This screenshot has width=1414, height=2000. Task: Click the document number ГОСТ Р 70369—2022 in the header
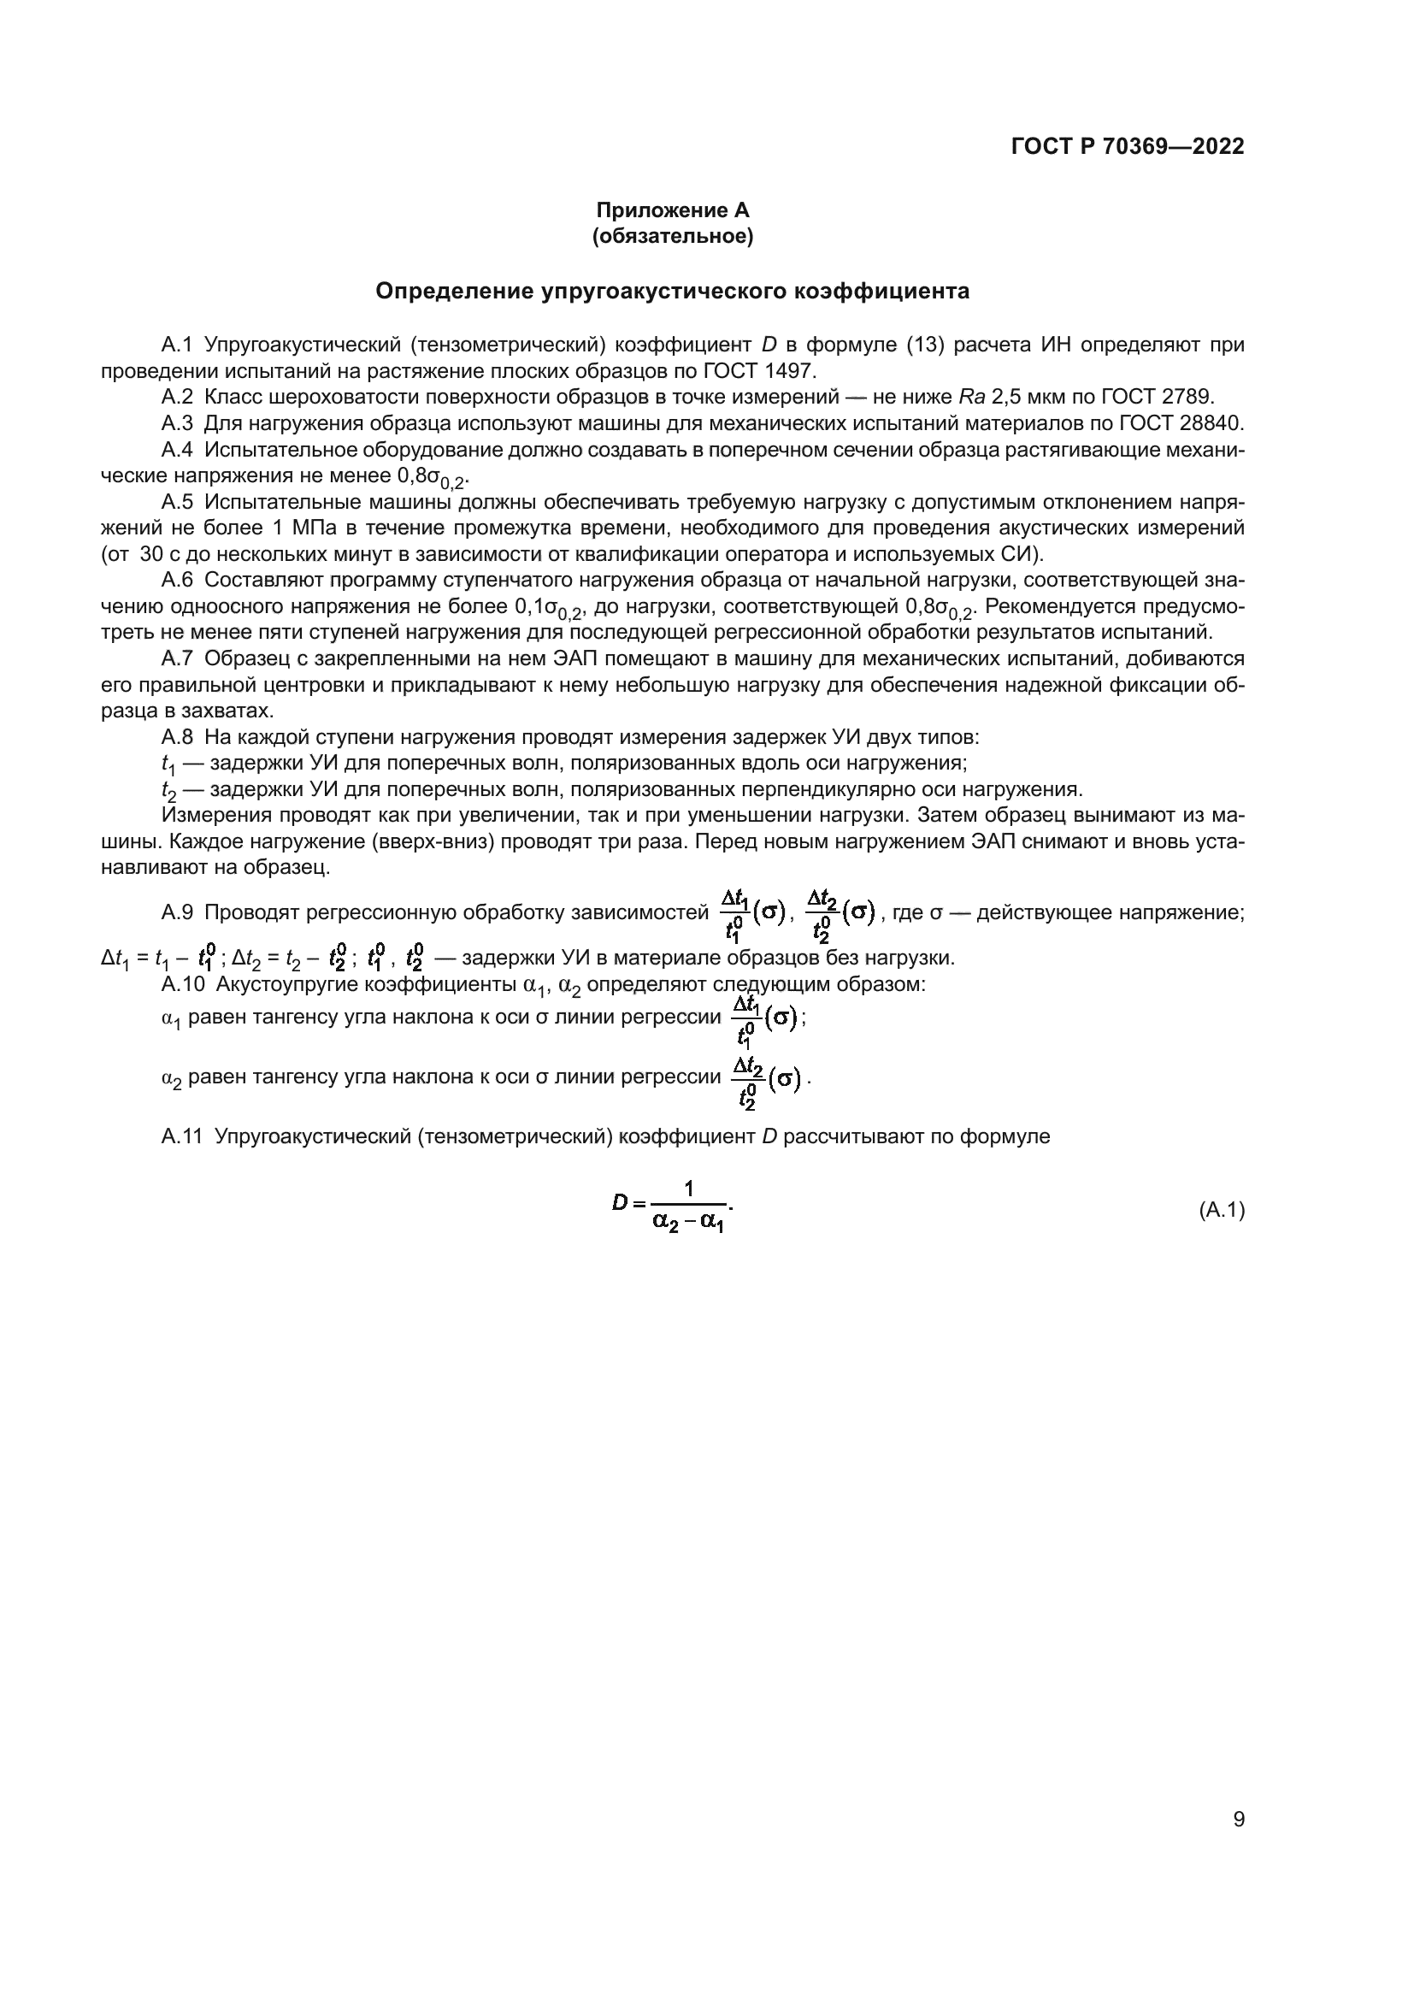pos(1127,146)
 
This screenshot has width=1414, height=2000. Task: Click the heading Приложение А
pos(672,210)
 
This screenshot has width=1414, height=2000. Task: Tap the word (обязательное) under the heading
pos(672,236)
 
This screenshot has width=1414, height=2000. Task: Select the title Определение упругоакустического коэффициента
pos(672,291)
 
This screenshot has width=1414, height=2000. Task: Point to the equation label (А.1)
pos(1222,1210)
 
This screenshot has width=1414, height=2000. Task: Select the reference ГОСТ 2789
pos(1157,398)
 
